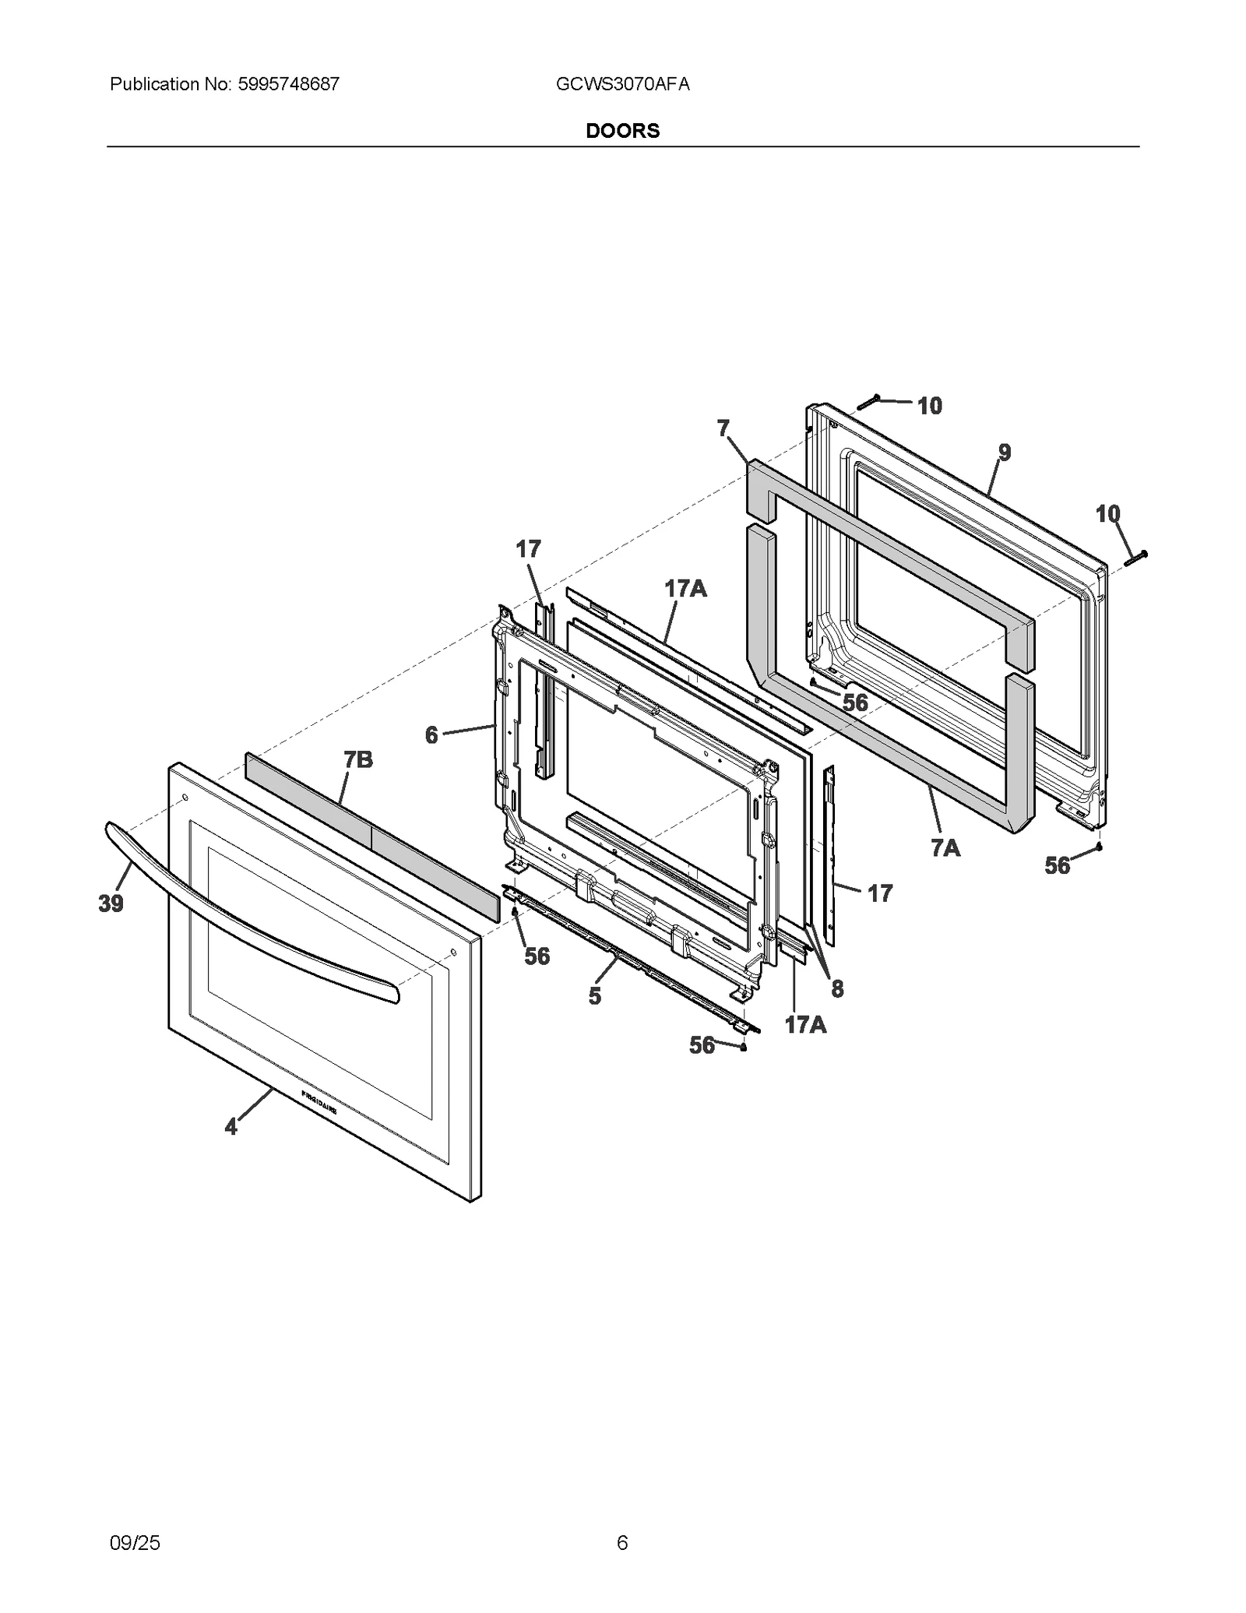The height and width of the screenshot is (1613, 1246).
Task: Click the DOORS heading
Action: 622,131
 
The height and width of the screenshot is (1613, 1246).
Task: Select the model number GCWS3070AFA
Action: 623,84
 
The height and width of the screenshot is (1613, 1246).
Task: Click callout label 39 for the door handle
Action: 111,903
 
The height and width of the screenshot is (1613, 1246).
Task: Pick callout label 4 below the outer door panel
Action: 231,1126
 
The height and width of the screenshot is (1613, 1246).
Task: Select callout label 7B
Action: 357,759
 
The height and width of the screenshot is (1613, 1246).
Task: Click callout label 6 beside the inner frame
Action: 431,734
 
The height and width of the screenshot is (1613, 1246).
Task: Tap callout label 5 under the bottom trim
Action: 595,996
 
